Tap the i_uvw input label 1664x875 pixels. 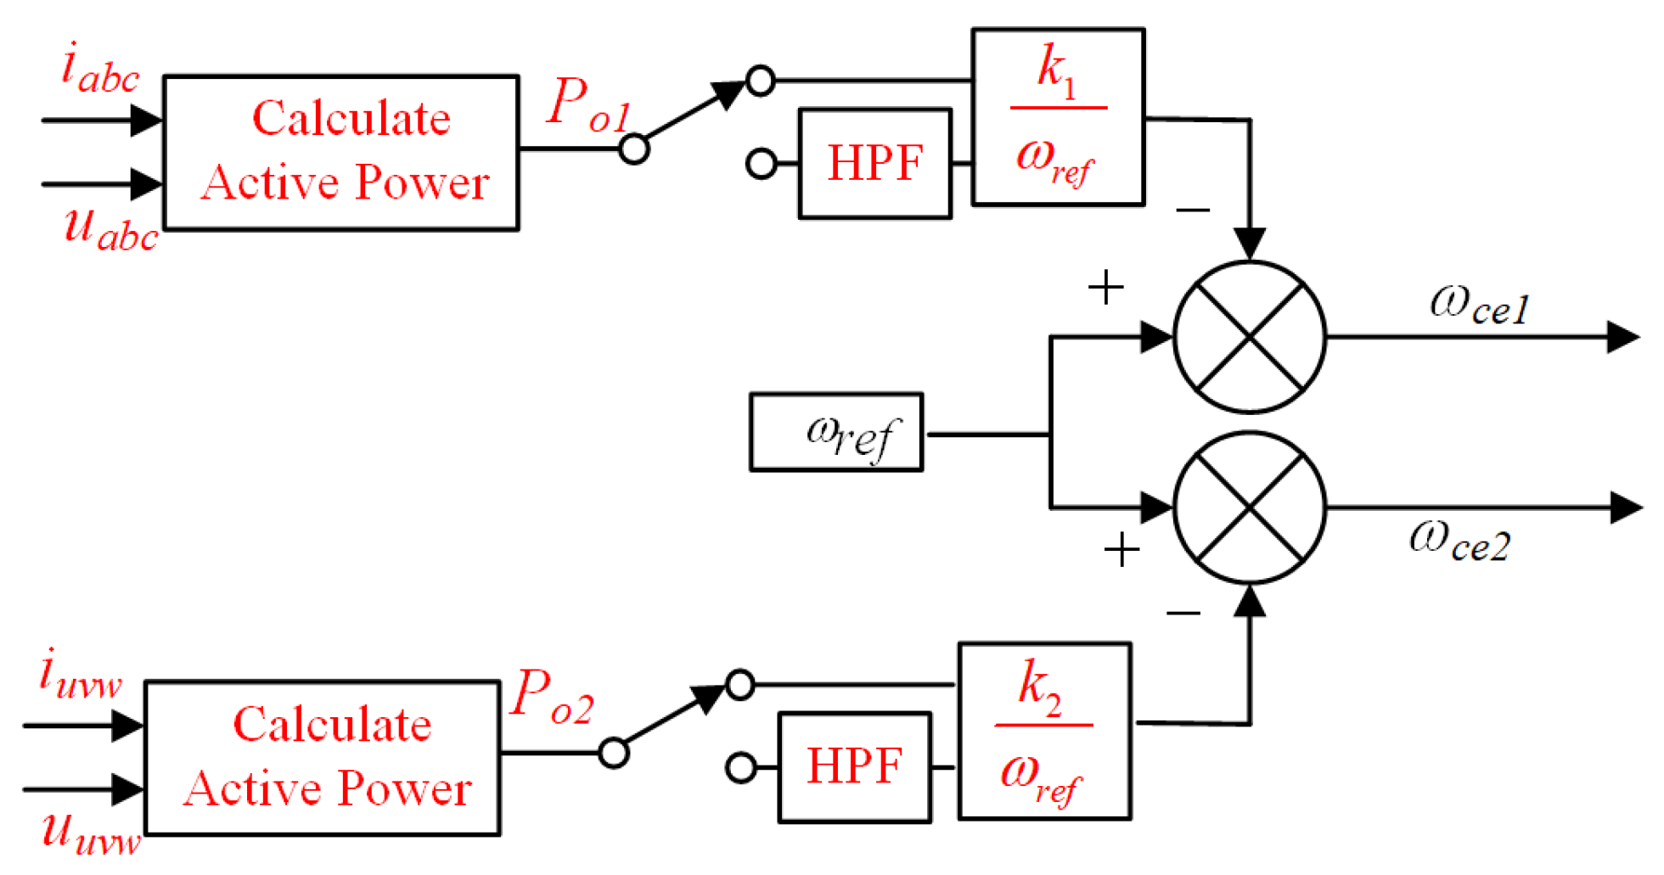point(81,676)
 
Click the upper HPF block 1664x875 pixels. point(874,163)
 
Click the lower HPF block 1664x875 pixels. point(854,767)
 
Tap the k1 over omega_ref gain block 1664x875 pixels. point(1058,117)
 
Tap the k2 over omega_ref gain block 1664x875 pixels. point(1044,731)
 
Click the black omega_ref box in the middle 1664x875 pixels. point(836,432)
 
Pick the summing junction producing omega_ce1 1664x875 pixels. point(1249,337)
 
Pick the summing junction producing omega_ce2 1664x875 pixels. point(1249,508)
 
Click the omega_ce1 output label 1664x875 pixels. point(1479,306)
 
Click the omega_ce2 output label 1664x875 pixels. point(1459,541)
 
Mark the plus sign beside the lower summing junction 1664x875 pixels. point(1122,550)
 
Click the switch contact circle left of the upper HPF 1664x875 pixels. point(762,163)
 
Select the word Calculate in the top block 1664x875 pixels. point(351,119)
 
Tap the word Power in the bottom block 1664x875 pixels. point(404,788)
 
